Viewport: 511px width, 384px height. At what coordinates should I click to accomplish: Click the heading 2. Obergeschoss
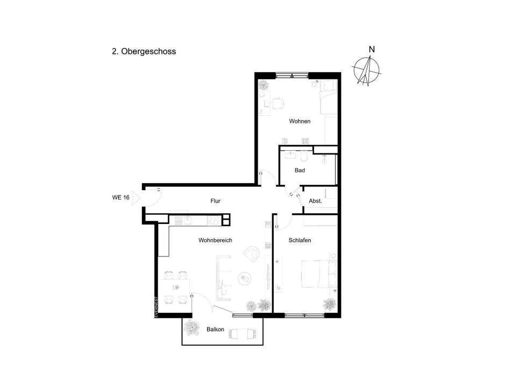(144, 52)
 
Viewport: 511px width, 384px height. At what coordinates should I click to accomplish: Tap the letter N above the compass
(372, 49)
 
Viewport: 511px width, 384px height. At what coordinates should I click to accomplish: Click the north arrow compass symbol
(367, 71)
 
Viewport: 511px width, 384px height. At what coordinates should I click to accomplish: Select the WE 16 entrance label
(120, 197)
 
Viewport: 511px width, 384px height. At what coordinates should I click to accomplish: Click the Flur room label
(215, 201)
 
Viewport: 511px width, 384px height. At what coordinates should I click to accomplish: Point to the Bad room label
(300, 170)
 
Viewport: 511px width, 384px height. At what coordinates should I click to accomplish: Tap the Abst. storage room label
(315, 201)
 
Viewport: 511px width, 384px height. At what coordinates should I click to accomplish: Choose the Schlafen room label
(300, 240)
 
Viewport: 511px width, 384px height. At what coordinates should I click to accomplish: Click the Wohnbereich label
(215, 240)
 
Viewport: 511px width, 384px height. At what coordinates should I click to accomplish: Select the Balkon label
(215, 330)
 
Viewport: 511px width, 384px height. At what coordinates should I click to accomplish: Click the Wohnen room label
(300, 121)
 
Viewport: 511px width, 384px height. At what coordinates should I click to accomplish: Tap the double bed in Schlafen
(315, 274)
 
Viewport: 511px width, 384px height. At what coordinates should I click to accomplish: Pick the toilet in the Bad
(304, 157)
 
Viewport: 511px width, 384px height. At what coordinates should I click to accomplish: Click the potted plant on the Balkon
(191, 327)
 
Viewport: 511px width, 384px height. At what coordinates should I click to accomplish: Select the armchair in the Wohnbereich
(251, 254)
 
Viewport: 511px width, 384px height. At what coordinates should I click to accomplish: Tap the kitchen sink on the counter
(187, 221)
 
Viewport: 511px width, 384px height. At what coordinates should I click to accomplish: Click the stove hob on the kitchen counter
(214, 221)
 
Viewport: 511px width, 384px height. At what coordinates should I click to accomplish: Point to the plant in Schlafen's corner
(330, 304)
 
